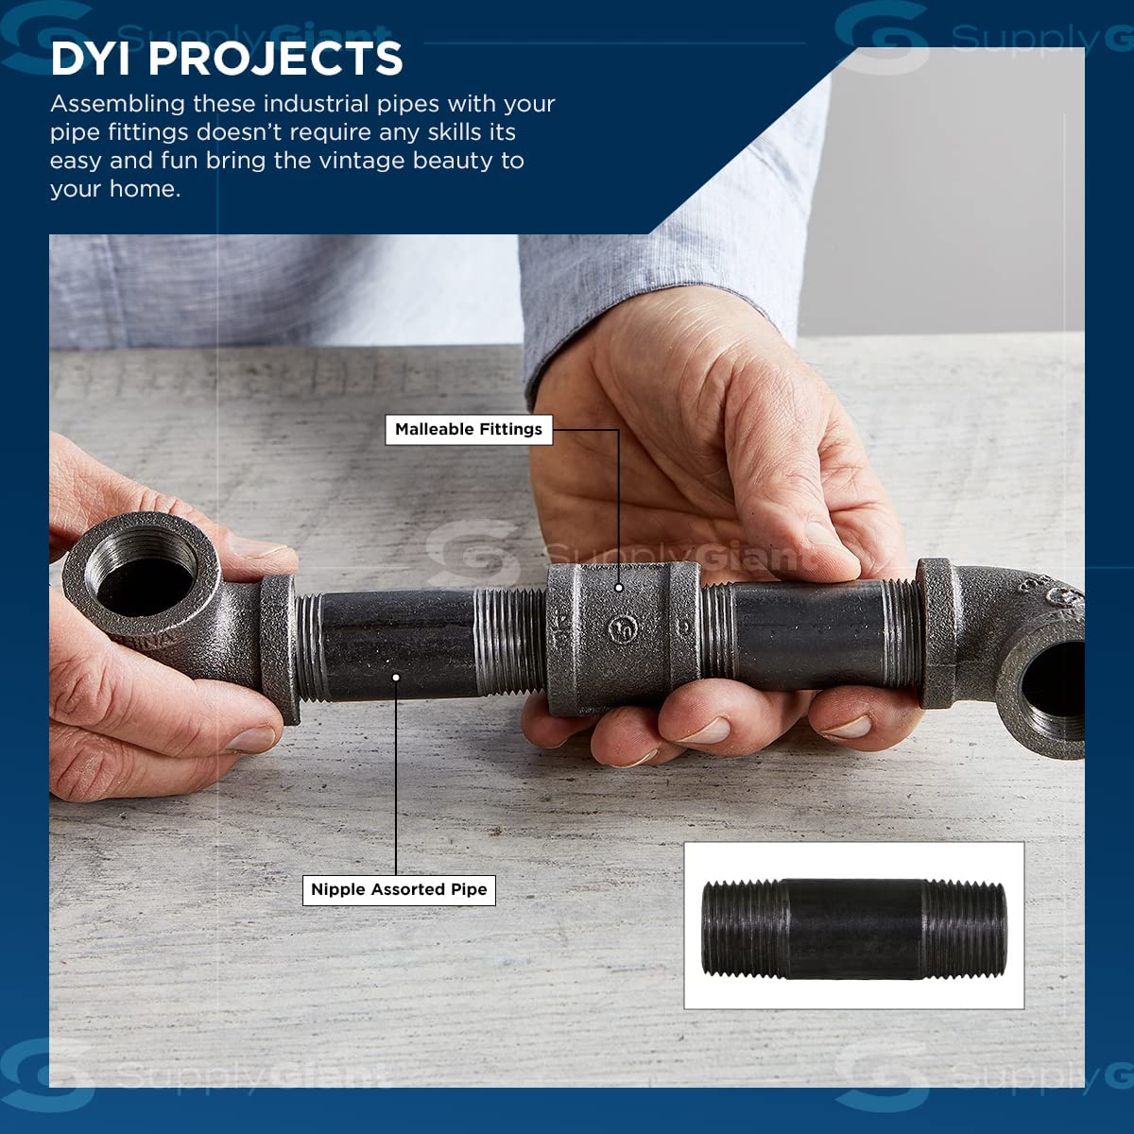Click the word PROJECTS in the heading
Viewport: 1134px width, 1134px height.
click(275, 59)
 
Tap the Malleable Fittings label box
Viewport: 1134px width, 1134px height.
click(469, 430)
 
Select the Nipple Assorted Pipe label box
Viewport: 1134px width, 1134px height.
click(399, 889)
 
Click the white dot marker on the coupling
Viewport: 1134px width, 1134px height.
click(618, 587)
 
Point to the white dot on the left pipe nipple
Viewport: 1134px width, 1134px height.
click(396, 678)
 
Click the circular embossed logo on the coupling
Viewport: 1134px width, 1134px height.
click(623, 629)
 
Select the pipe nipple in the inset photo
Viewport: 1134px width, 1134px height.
click(854, 930)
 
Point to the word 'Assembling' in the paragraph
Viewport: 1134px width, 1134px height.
click(118, 105)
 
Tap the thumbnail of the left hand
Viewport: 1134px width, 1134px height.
click(253, 738)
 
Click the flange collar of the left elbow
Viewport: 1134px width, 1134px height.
click(280, 647)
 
